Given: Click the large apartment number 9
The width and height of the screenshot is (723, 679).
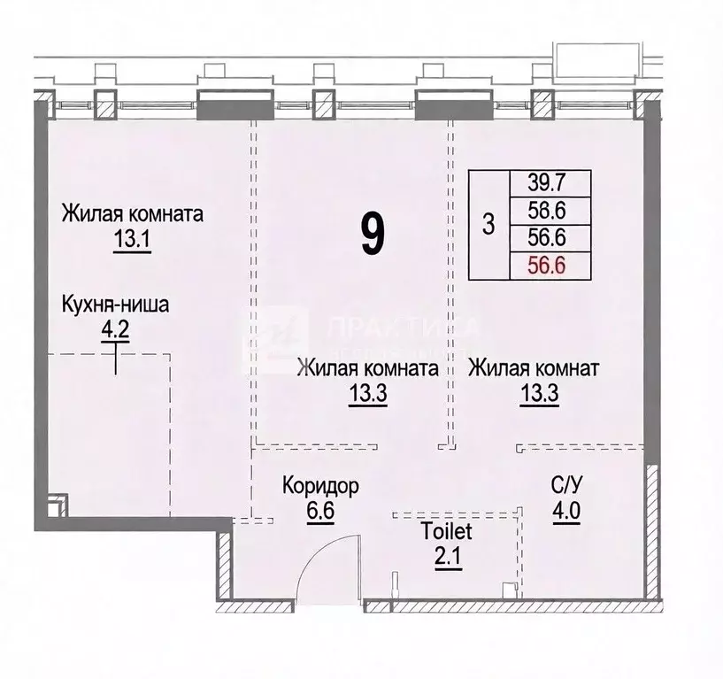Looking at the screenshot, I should tap(373, 233).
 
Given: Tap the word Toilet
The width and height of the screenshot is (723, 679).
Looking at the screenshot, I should tap(446, 533).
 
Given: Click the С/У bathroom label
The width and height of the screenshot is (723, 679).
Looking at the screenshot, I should tap(565, 485).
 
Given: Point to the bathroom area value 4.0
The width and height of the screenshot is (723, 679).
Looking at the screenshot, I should tap(565, 511).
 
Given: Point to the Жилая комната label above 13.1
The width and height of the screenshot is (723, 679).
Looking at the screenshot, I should tap(132, 214).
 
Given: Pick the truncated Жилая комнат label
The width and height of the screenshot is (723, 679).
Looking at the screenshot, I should tap(535, 367).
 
